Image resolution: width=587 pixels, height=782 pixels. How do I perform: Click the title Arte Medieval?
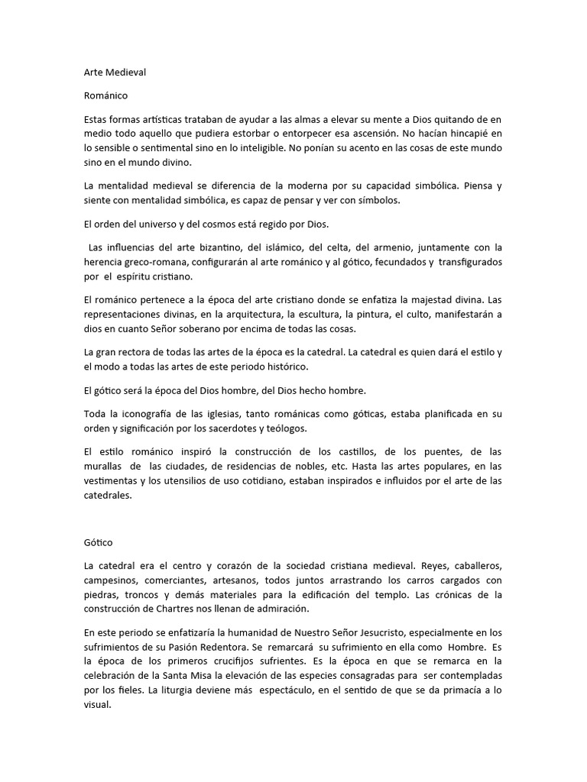[115, 73]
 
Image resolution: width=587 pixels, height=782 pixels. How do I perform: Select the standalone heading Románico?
[106, 96]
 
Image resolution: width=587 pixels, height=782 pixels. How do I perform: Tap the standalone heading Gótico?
[98, 542]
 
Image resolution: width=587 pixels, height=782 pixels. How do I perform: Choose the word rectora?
[134, 352]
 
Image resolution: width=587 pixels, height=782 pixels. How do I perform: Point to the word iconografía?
[139, 415]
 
